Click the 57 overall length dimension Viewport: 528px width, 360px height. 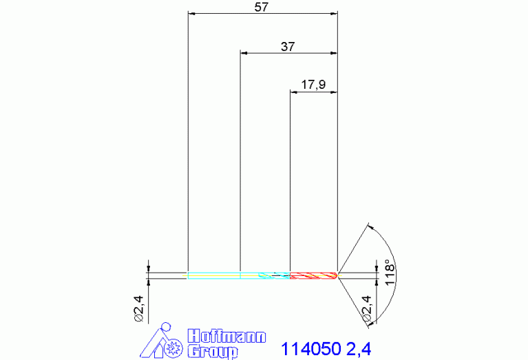click(x=262, y=7)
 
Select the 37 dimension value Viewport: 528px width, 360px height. click(x=288, y=47)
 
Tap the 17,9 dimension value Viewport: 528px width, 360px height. click(x=313, y=85)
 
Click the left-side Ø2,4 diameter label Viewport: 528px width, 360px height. click(x=139, y=309)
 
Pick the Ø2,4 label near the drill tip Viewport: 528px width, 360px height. click(x=366, y=309)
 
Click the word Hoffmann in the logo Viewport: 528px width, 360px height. click(x=226, y=337)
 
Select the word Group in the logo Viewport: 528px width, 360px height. click(x=213, y=352)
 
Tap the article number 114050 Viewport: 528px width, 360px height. click(x=310, y=349)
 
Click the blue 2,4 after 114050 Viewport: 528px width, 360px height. click(x=359, y=349)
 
